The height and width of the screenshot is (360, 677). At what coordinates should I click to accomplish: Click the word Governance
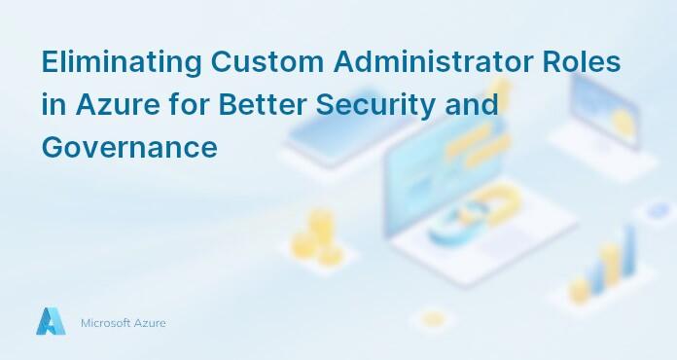[x=128, y=147]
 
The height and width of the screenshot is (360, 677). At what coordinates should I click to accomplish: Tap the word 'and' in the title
[x=471, y=105]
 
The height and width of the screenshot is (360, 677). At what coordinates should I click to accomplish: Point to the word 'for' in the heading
[x=190, y=105]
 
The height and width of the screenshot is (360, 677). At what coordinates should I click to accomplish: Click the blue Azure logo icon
[x=51, y=321]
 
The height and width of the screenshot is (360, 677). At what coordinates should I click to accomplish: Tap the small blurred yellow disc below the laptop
[x=433, y=319]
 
